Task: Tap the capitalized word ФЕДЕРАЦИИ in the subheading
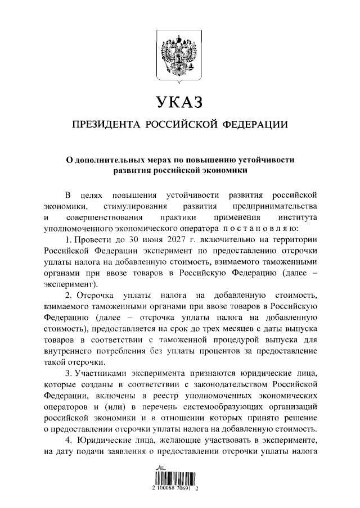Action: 255,124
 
